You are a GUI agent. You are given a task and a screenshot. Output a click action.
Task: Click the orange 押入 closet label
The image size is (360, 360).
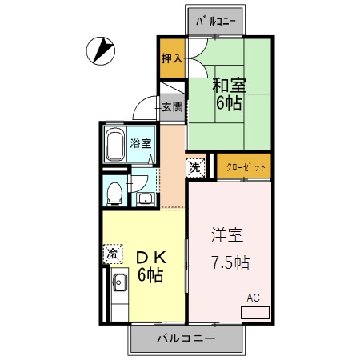[x=171, y=58]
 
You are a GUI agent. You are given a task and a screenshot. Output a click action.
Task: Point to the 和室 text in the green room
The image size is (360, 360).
[x=228, y=84]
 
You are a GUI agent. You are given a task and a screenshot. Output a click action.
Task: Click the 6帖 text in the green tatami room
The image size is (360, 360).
[x=228, y=103]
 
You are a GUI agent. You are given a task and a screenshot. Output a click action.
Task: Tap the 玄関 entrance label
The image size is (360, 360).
[x=171, y=107]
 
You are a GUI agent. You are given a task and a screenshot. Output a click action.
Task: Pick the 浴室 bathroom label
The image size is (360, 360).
[x=142, y=144]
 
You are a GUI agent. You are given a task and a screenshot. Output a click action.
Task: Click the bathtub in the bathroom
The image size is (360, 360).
[x=114, y=144]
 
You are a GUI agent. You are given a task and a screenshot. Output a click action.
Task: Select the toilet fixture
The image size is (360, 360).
[x=114, y=192]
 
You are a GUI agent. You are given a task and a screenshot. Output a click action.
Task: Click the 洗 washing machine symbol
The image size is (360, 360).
[x=195, y=167]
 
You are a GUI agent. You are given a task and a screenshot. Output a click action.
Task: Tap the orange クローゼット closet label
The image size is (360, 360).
[x=243, y=166]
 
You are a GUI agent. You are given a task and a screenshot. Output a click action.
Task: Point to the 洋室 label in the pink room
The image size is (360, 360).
[x=227, y=237]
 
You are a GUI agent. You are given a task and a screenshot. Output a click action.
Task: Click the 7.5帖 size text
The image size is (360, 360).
[x=230, y=262]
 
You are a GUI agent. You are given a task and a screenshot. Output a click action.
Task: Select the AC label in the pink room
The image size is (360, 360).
[x=254, y=298]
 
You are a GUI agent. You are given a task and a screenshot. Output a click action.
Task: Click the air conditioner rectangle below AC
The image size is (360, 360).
[x=255, y=310]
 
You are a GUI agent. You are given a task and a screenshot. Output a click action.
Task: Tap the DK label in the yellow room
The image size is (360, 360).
[x=150, y=258]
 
